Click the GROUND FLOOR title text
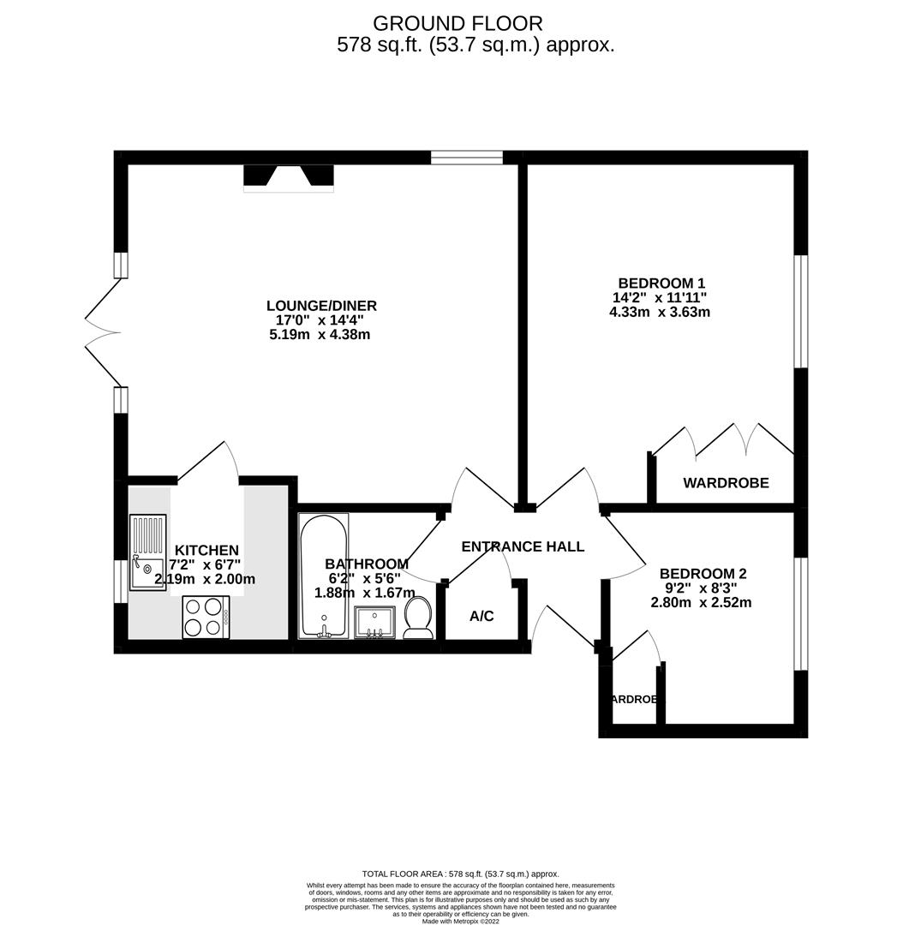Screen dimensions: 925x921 [x=458, y=24]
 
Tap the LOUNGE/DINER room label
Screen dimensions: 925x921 [x=321, y=306]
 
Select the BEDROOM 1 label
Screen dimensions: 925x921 [x=661, y=283]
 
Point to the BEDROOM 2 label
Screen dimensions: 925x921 [x=703, y=574]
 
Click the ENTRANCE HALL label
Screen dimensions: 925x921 [x=523, y=546]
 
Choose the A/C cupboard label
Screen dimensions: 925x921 [x=481, y=616]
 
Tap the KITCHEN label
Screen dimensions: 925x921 [x=206, y=550]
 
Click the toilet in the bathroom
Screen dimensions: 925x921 [x=418, y=618]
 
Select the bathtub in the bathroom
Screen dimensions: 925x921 [x=323, y=576]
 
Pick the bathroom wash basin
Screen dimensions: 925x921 [x=374, y=622]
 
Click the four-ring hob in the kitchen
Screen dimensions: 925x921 [x=205, y=617]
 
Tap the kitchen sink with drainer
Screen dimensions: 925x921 [x=147, y=552]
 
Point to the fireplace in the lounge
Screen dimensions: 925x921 [x=289, y=176]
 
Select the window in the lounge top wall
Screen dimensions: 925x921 [x=466, y=157]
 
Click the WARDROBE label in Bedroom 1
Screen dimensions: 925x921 [x=726, y=483]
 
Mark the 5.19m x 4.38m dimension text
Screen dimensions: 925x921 [x=320, y=335]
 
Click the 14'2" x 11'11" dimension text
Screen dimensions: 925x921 [x=659, y=298]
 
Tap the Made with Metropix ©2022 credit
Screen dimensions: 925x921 [x=460, y=921]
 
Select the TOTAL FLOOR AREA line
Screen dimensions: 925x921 [x=460, y=874]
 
